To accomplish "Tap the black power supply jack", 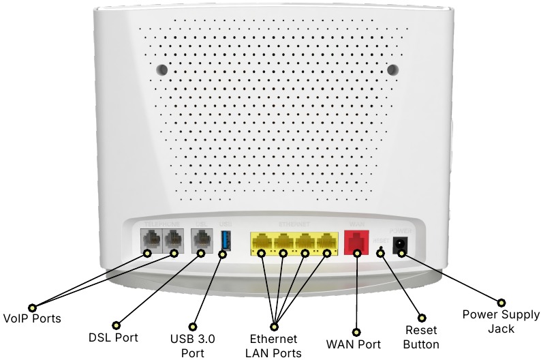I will coord(402,244).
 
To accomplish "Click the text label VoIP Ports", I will coord(32,318).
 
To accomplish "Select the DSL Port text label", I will coord(114,337).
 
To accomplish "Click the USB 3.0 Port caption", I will coord(193,345).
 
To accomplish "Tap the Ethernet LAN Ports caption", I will coord(273,345).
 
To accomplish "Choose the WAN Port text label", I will coord(355,344).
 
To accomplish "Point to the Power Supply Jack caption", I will coord(501,321).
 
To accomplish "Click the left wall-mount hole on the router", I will coord(161,70).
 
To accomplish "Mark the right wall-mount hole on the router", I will coord(393,70).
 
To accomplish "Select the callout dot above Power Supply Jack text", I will coord(501,302).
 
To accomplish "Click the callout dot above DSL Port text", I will coord(115,325).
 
